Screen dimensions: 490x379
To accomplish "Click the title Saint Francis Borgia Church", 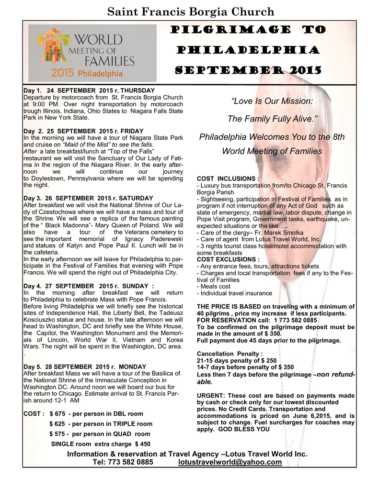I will pyautogui.click(x=190, y=11).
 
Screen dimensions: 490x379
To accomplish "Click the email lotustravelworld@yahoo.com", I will pyautogui.click(x=230, y=462).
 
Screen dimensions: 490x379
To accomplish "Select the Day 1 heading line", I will pyautogui.click(x=89, y=90).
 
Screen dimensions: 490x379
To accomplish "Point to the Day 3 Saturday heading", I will pyautogui.click(x=88, y=198).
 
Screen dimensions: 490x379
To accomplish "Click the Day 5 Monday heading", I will pyautogui.click(x=84, y=367).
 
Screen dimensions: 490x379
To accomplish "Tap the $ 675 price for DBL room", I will pyautogui.click(x=58, y=413).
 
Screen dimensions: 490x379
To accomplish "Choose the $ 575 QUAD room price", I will pyautogui.click(x=58, y=434).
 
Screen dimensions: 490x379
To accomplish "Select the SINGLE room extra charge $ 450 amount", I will pyautogui.click(x=143, y=444).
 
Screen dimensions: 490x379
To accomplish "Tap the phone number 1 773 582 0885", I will pyautogui.click(x=296, y=320).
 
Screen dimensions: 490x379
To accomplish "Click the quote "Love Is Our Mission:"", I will pyautogui.click(x=272, y=101).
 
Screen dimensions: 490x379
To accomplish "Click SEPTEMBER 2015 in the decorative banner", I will pyautogui.click(x=247, y=71).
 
